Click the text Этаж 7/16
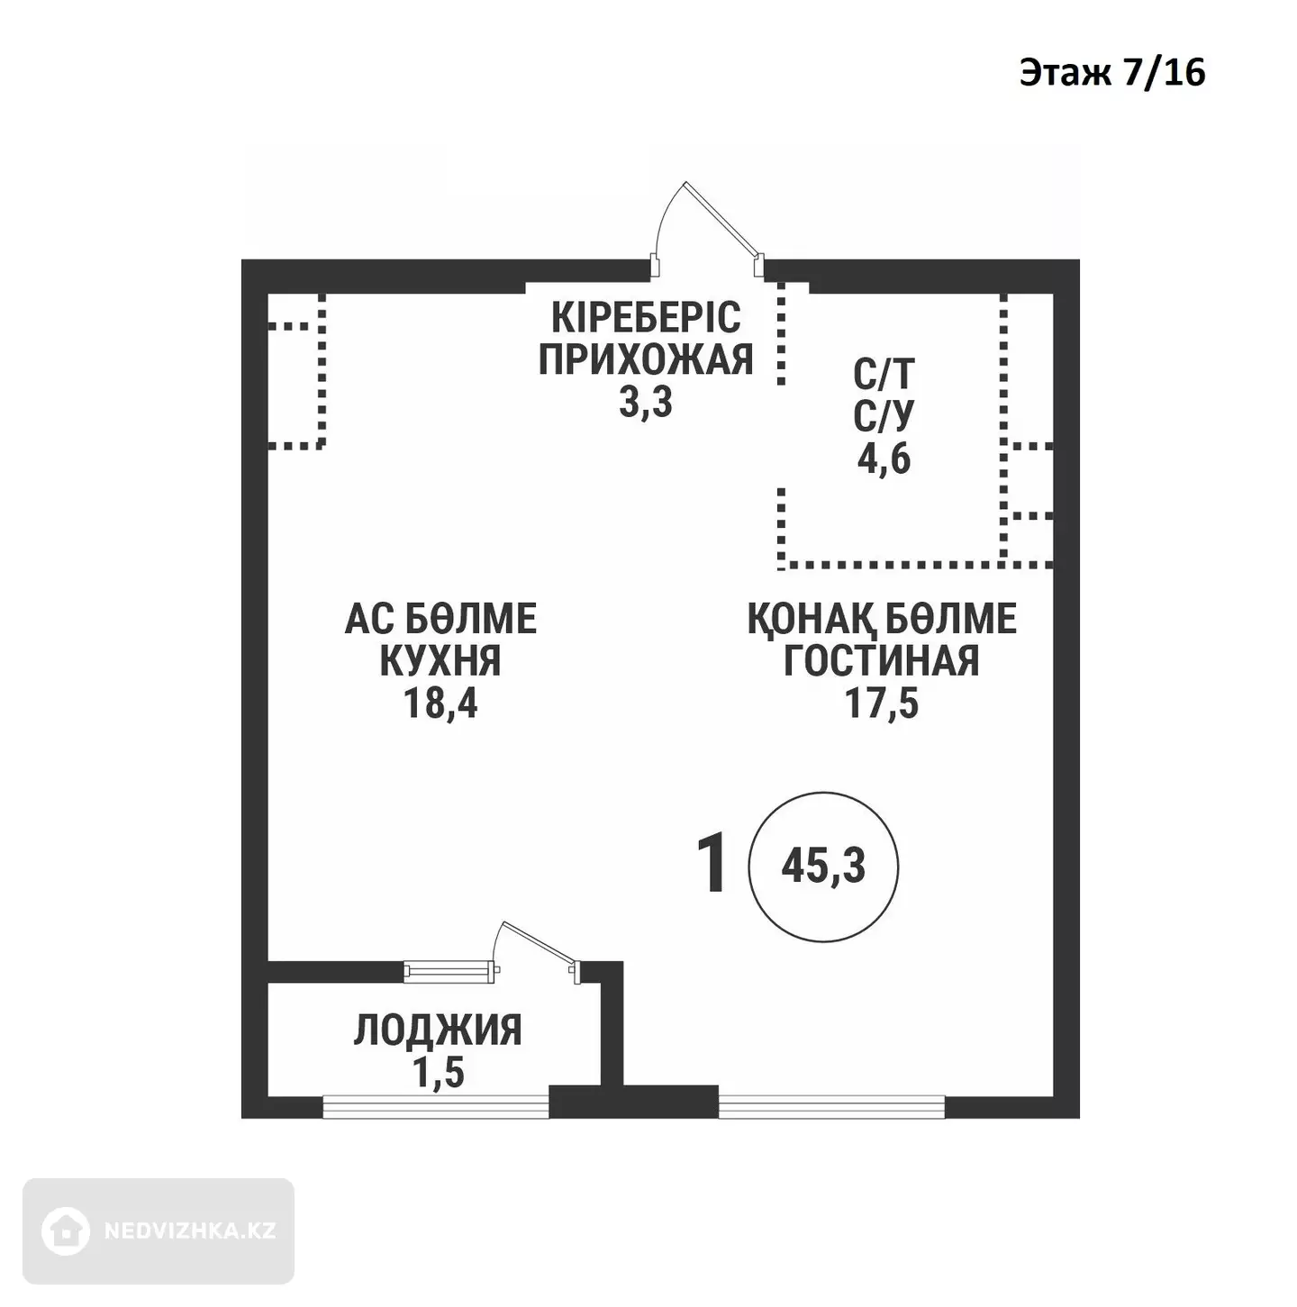pyautogui.click(x=1111, y=73)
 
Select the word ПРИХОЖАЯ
pyautogui.click(x=645, y=359)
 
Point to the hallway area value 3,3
pyautogui.click(x=645, y=403)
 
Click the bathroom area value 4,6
pyautogui.click(x=884, y=460)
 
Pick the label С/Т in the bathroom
pyautogui.click(x=884, y=374)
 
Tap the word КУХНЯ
pyautogui.click(x=440, y=660)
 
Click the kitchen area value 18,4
pyautogui.click(x=440, y=703)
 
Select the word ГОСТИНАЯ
pyautogui.click(x=882, y=660)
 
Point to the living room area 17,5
pyautogui.click(x=882, y=703)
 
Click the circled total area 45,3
pyautogui.click(x=823, y=867)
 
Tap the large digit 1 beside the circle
pyautogui.click(x=712, y=867)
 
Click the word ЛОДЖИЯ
pyautogui.click(x=439, y=1030)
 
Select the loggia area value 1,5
pyautogui.click(x=439, y=1073)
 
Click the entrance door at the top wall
pyautogui.click(x=708, y=231)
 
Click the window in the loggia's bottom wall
pyautogui.click(x=436, y=1107)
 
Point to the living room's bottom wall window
pyautogui.click(x=831, y=1107)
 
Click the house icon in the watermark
pyautogui.click(x=65, y=1230)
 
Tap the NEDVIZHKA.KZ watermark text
pyautogui.click(x=190, y=1231)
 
